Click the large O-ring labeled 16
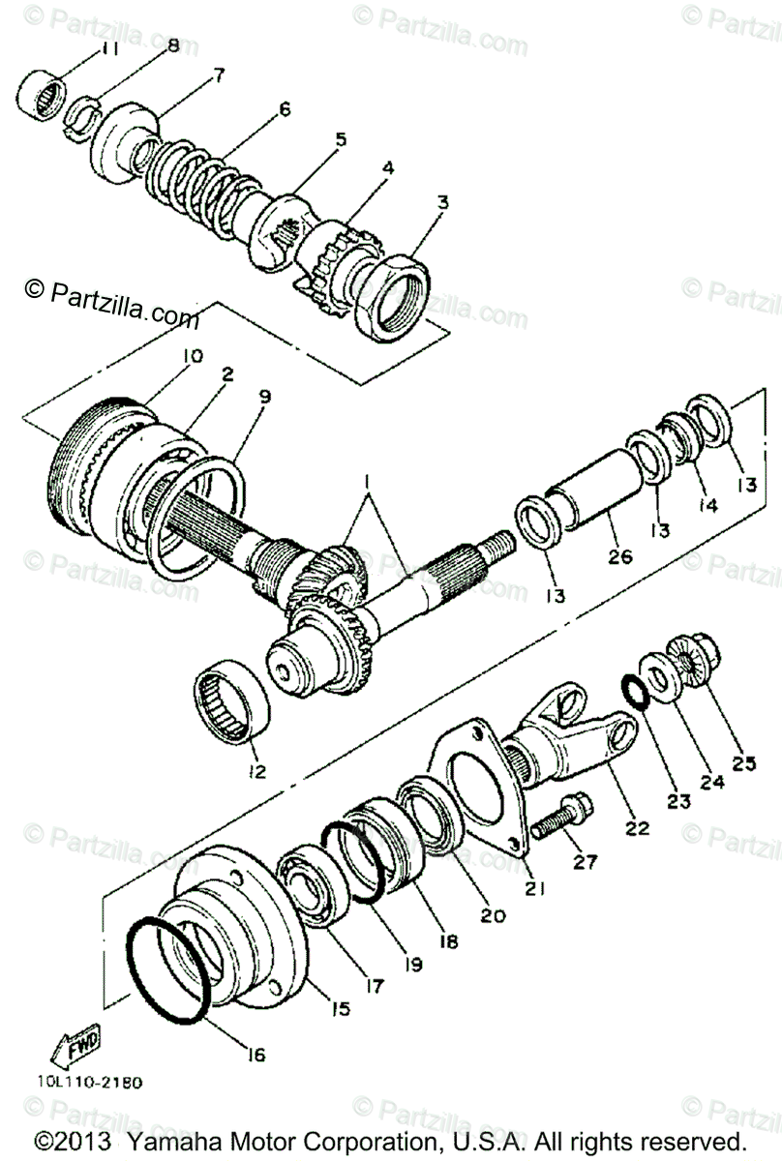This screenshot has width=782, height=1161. click(x=169, y=968)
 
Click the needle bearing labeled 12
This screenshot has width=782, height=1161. click(x=233, y=700)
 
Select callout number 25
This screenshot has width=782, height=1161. click(x=742, y=763)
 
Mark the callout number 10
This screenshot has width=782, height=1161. click(x=191, y=356)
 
